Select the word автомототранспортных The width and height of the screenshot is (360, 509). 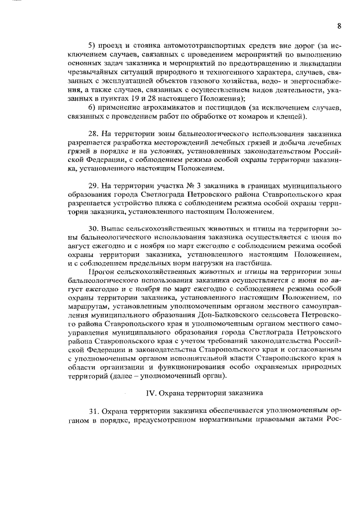click(186, 44)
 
